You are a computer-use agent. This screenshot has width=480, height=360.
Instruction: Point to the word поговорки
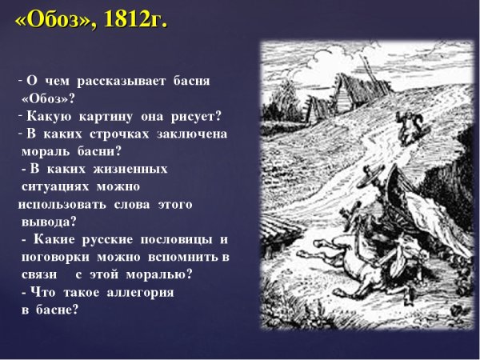point(56,257)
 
